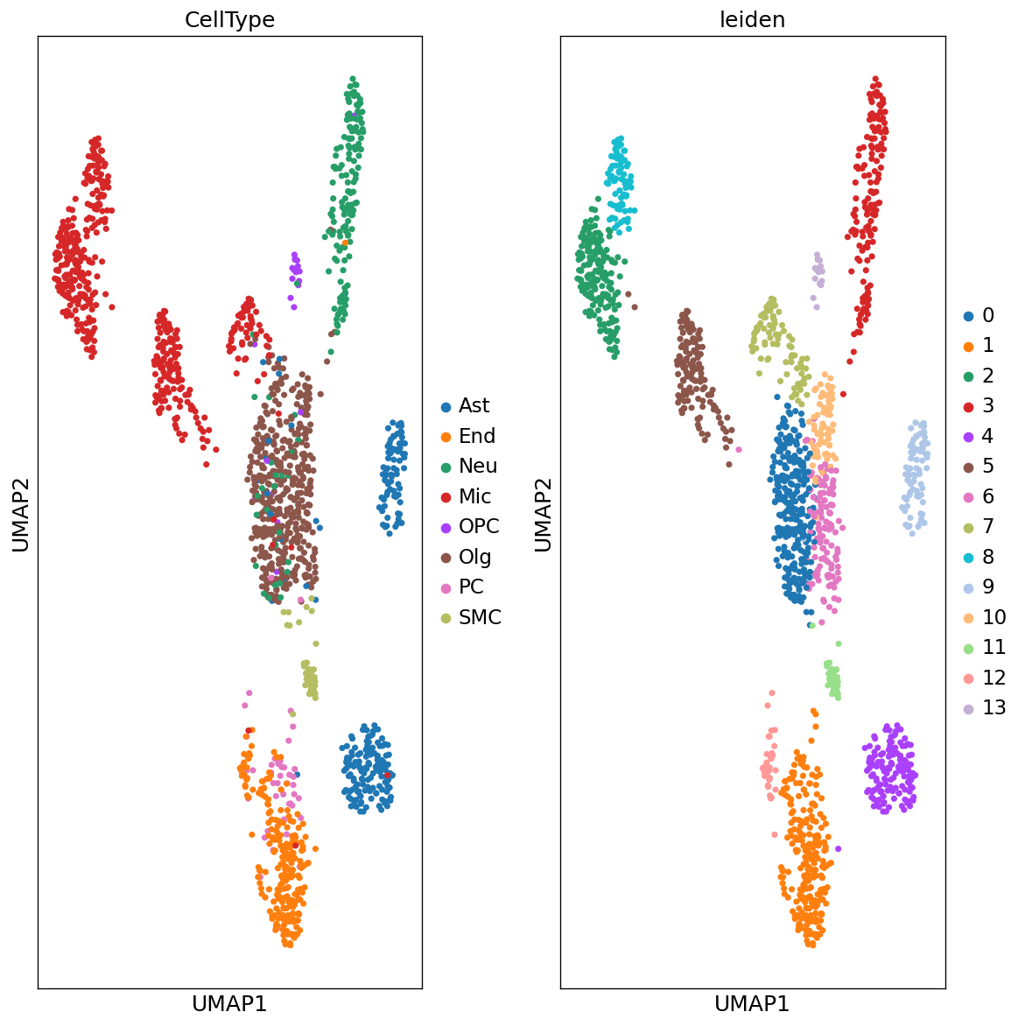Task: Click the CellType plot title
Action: coord(229,20)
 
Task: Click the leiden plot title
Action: coord(752,20)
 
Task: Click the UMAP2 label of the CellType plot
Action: coord(20,514)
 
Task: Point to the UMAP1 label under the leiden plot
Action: coord(752,1004)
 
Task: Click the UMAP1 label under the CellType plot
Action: coord(229,1004)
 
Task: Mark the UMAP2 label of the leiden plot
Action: coord(543,514)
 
